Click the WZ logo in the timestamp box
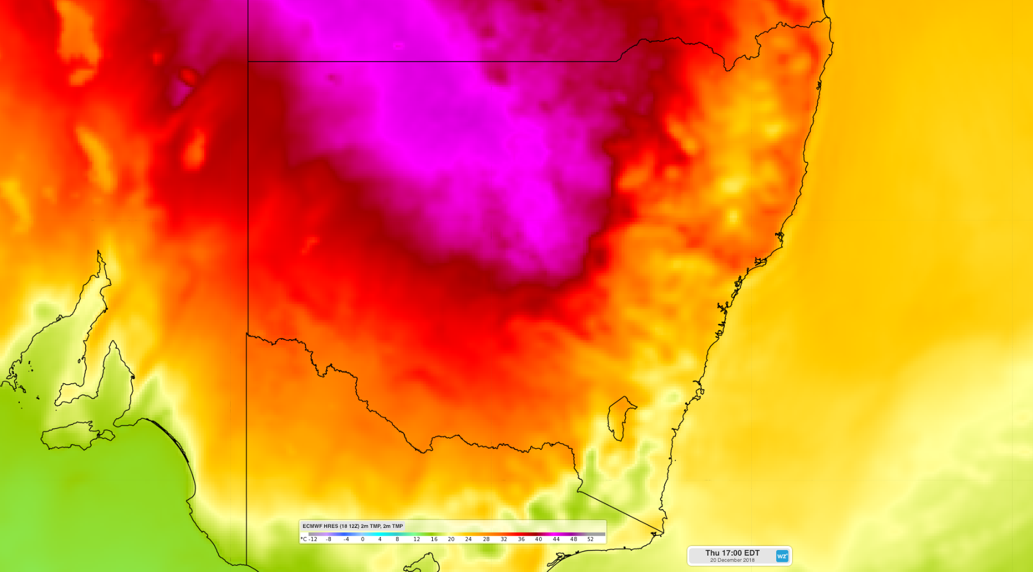click(782, 556)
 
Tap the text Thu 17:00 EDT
click(732, 553)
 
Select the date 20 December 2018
click(732, 560)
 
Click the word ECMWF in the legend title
click(312, 526)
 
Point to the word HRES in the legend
click(330, 526)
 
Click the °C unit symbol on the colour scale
click(304, 539)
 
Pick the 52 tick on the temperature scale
click(590, 539)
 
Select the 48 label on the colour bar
click(573, 539)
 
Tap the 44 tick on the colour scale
click(556, 539)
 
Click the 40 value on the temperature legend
click(539, 539)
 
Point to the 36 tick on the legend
click(521, 539)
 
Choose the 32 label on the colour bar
click(503, 539)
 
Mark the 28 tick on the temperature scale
click(486, 539)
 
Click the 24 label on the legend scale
click(468, 539)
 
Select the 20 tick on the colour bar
click(451, 539)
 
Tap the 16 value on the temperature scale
click(434, 539)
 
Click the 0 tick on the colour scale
click(363, 539)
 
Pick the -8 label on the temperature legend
click(329, 539)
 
